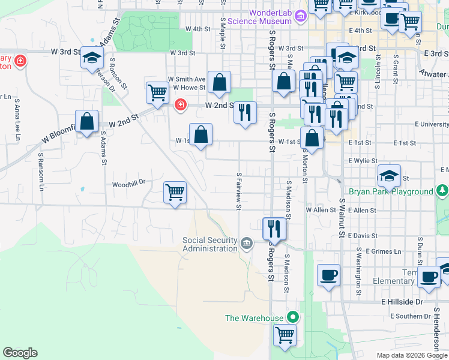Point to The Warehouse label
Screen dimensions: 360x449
pos(254,317)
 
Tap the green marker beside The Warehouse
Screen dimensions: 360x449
pos(293,317)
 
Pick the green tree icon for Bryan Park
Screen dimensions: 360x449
pos(442,191)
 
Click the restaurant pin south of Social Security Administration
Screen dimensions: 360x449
pos(275,228)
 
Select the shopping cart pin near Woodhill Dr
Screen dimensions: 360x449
pos(175,193)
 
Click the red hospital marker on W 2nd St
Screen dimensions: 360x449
pos(179,106)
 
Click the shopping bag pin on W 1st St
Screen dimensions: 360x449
pos(200,134)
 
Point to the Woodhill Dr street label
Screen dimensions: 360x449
pos(128,184)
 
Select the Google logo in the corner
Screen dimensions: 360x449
pos(20,353)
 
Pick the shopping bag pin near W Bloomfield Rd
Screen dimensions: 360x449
pos(87,121)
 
